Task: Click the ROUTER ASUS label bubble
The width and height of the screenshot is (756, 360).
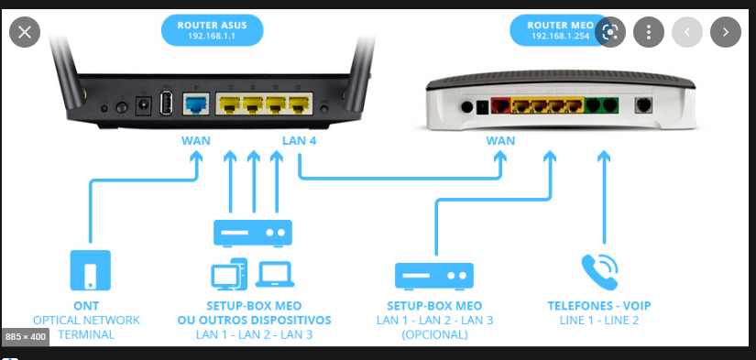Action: [213, 30]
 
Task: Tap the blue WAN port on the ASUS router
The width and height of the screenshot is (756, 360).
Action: [196, 104]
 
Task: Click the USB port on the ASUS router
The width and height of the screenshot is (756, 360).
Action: [165, 104]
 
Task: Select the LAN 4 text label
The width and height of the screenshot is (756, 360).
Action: [299, 141]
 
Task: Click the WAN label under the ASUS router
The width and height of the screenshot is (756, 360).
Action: [196, 141]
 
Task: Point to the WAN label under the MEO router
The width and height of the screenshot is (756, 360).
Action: [500, 141]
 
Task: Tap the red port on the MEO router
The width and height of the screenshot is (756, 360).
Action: [500, 105]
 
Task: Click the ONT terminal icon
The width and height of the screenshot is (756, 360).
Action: [90, 270]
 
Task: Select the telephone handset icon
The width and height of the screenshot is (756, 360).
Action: [599, 272]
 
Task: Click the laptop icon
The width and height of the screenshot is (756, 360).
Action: [275, 274]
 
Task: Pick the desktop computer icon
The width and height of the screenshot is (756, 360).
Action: [229, 274]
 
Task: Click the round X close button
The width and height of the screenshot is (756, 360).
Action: [25, 32]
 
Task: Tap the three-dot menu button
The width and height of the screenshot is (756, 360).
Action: [649, 32]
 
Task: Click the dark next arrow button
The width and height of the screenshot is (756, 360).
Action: [726, 32]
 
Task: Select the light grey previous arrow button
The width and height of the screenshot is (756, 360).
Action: [687, 32]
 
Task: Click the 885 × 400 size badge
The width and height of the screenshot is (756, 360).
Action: [25, 336]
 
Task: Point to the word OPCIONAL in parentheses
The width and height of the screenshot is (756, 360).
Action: [434, 334]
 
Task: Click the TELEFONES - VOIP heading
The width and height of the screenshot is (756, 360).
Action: [599, 306]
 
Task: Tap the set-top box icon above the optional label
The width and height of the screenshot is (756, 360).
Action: [434, 276]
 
